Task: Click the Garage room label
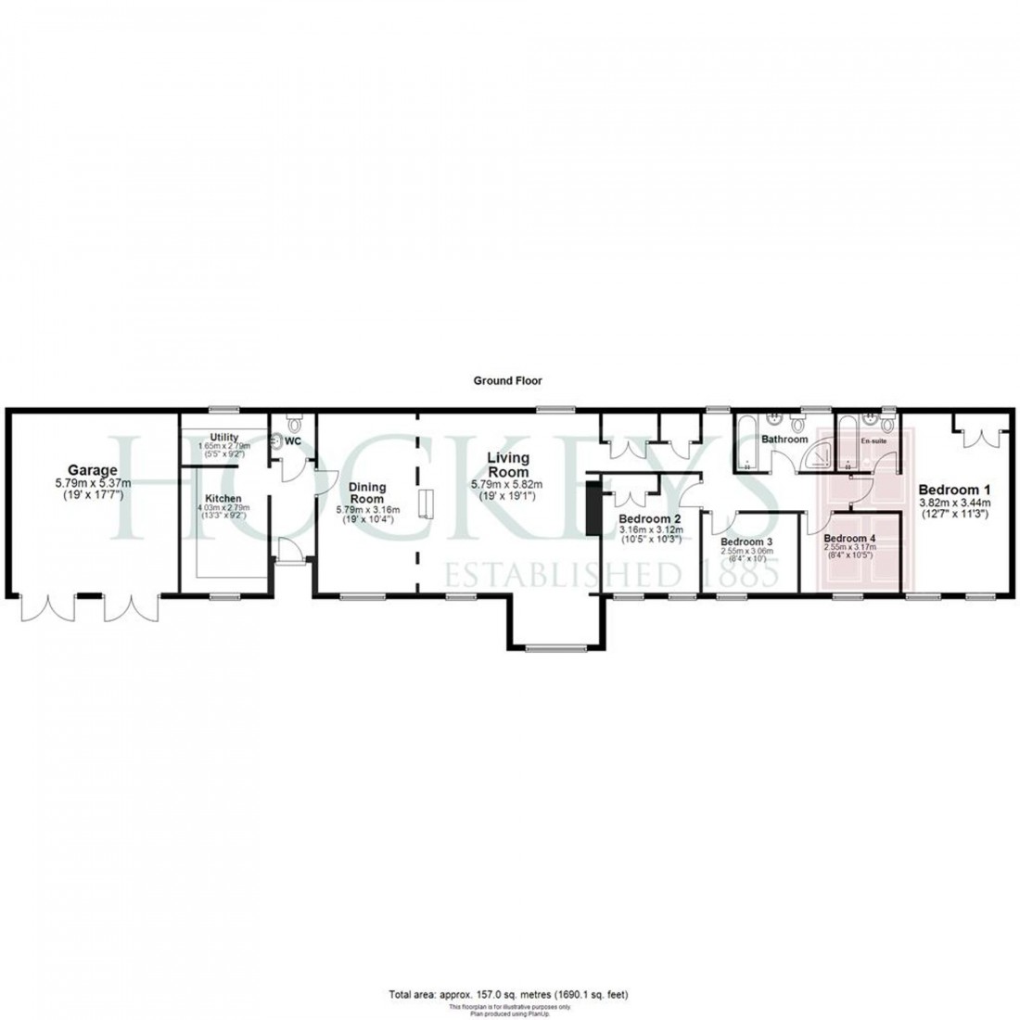[x=91, y=469]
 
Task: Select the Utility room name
[x=224, y=437]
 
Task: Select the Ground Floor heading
[x=507, y=380]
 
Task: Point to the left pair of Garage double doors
[x=46, y=607]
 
